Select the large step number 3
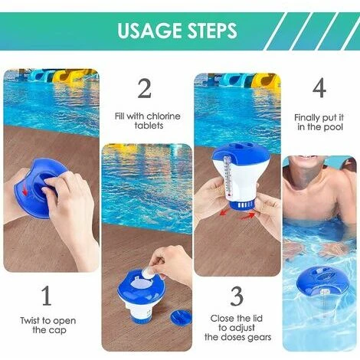coord(237,295)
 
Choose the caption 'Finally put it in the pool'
coord(319,122)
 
